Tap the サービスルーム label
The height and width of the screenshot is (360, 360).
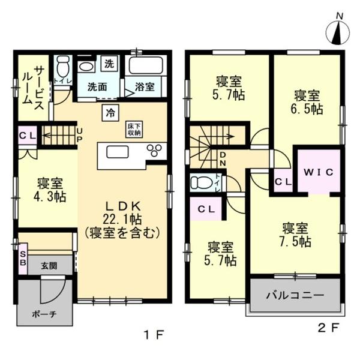click(x=33, y=85)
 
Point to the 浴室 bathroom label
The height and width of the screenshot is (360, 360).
click(x=145, y=86)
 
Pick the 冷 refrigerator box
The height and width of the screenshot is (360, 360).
click(x=111, y=112)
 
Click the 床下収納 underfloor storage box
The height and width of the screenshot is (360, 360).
click(x=133, y=130)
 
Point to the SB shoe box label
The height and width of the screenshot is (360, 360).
click(x=23, y=257)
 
